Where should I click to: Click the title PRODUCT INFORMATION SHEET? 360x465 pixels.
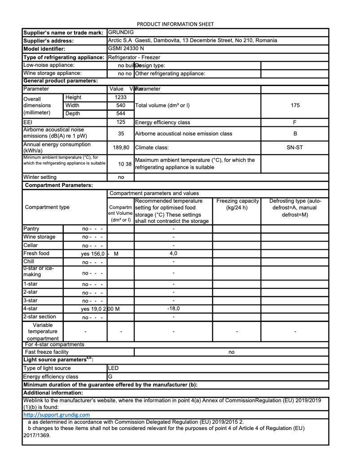click(x=175, y=24)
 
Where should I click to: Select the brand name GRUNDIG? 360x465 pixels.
click(x=121, y=32)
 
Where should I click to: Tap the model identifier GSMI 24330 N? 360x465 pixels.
click(x=126, y=48)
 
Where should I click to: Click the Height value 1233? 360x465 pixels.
click(x=121, y=97)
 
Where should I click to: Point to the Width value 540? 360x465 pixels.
click(x=121, y=105)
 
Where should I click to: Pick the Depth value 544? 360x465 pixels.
click(x=121, y=113)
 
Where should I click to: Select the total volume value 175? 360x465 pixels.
click(x=295, y=105)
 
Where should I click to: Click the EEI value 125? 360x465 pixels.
click(x=121, y=122)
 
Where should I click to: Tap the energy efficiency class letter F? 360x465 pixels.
click(x=295, y=122)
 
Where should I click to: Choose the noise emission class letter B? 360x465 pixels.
click(x=295, y=133)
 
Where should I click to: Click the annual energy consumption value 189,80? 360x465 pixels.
click(x=121, y=147)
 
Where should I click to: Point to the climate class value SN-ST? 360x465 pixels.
click(x=295, y=147)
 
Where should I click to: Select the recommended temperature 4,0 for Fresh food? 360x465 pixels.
click(x=173, y=253)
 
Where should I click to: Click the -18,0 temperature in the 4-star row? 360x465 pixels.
click(x=173, y=309)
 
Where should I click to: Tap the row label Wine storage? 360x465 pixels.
click(x=40, y=237)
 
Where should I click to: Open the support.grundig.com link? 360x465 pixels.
click(x=57, y=415)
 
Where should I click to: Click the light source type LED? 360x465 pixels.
click(x=114, y=368)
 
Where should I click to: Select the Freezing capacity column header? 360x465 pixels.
click(x=237, y=204)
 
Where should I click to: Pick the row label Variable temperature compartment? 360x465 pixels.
click(x=43, y=331)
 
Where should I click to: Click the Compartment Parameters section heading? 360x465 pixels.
click(x=59, y=185)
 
